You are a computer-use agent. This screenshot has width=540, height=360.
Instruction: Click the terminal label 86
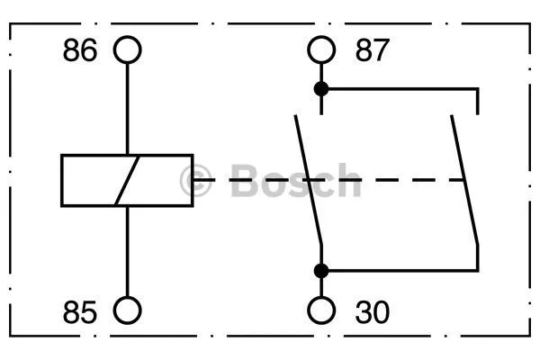point(79,50)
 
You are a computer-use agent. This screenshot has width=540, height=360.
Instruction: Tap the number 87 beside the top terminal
point(373,50)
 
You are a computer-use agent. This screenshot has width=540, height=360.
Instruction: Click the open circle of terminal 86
point(128,50)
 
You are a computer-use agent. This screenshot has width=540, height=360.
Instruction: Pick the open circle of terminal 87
point(320,50)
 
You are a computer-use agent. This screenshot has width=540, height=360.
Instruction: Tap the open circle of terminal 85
point(128,310)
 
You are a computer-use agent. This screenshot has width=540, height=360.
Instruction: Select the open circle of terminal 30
point(320,310)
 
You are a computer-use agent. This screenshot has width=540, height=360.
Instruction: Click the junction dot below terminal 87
point(320,88)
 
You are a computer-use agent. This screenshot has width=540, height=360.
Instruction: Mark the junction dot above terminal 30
point(320,270)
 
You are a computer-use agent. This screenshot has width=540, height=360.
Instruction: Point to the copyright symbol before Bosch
point(195,181)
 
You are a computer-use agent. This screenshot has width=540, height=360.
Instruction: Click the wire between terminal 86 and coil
point(128,108)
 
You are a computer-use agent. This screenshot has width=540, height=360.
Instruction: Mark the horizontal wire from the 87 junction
point(405,88)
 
